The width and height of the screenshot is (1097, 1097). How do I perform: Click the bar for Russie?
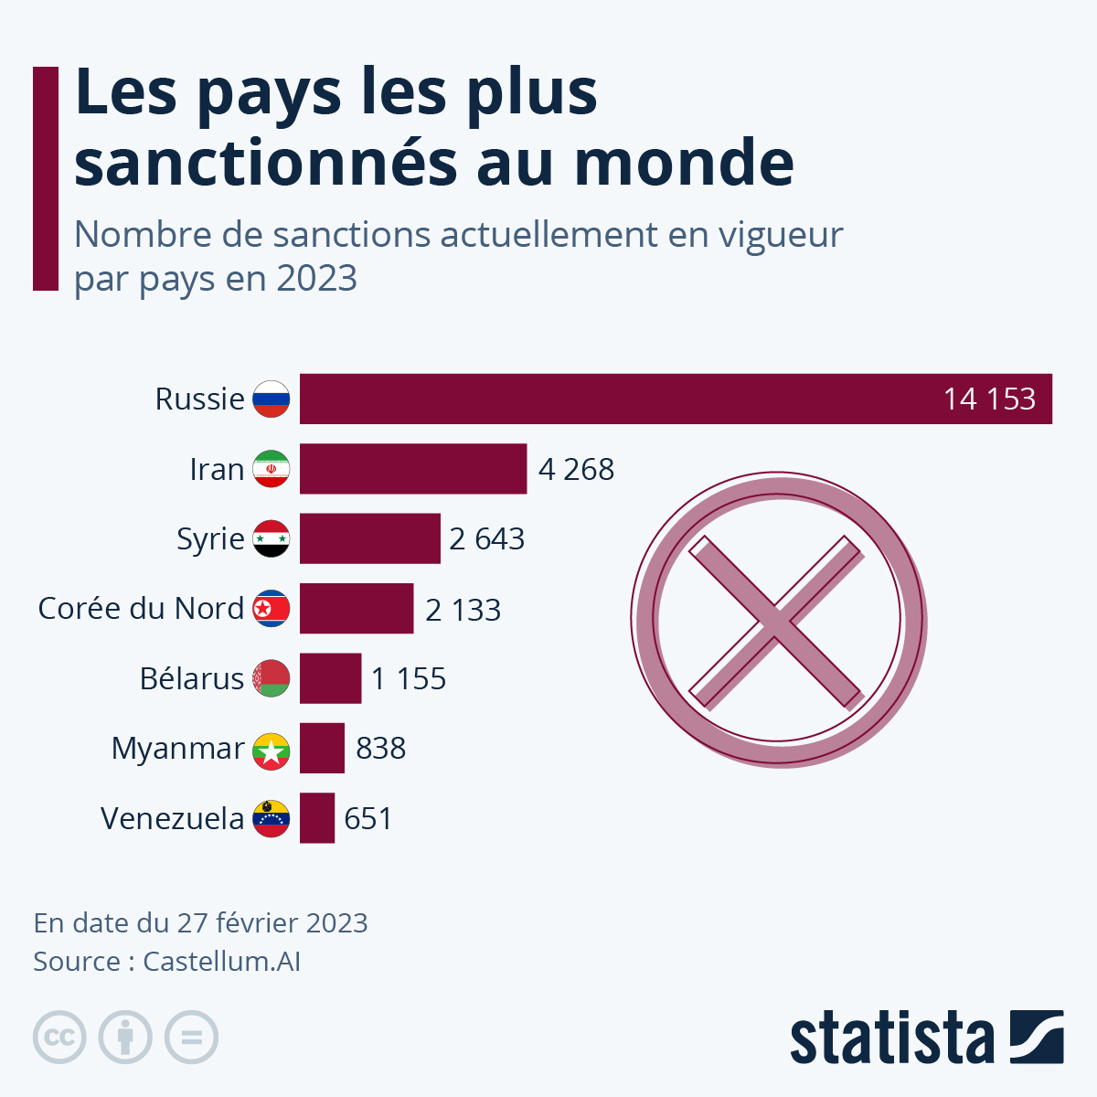[x=640, y=399]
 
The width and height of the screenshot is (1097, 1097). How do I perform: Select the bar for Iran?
[x=413, y=469]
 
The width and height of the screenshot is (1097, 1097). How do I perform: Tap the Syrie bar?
[x=369, y=538]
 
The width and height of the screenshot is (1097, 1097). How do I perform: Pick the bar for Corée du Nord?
[x=357, y=608]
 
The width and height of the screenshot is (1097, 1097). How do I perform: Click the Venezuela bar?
[x=316, y=817]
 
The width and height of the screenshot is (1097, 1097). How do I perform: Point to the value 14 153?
[x=989, y=399]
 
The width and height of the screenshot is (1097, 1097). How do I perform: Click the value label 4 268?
[x=576, y=470]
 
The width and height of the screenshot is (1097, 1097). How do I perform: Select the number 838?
[x=380, y=749]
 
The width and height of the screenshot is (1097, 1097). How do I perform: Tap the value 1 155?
[x=408, y=679]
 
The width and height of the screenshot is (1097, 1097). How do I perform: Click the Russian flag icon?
[x=272, y=399]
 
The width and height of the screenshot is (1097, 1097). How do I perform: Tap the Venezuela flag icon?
[x=272, y=818]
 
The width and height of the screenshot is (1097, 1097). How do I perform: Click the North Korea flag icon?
[x=272, y=608]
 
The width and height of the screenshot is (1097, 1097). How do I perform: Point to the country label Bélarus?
[x=192, y=678]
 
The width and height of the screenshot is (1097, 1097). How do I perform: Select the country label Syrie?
[x=210, y=539]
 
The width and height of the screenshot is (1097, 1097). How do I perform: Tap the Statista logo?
[x=926, y=1038]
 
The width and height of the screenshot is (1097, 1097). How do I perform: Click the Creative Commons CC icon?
[x=59, y=1038]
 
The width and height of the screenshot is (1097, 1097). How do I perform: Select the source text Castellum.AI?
[x=222, y=962]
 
